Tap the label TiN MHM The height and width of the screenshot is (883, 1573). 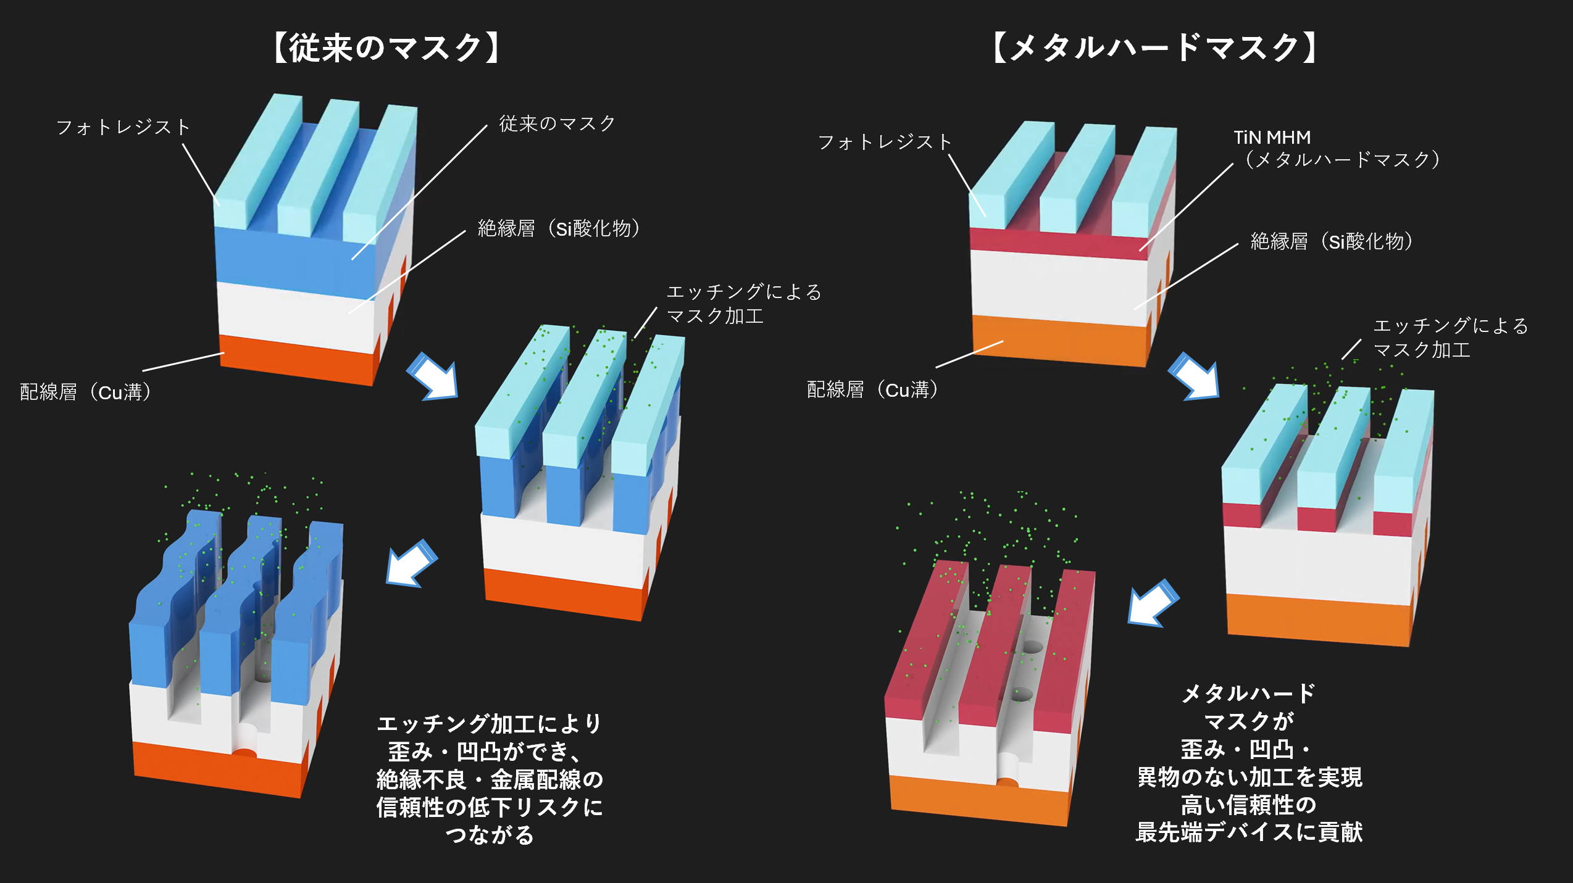tap(1272, 138)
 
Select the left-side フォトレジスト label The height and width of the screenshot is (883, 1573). tap(123, 128)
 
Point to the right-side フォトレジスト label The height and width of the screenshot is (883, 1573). tap(885, 143)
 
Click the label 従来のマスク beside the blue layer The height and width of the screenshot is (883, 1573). tap(557, 124)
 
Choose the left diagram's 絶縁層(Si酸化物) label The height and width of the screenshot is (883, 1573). tap(559, 229)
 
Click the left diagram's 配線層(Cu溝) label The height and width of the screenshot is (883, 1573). tap(86, 392)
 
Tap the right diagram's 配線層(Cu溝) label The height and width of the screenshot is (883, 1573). tap(873, 390)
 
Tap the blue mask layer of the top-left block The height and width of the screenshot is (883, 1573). tap(296, 259)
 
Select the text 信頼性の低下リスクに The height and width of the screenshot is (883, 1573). tap(490, 807)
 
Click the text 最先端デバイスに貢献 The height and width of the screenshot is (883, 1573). tap(1249, 832)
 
